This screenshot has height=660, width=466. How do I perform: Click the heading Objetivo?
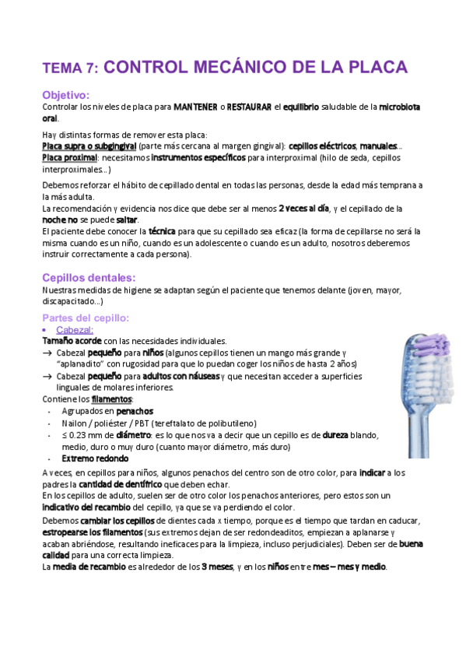pos(67,94)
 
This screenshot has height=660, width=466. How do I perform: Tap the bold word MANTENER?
pos(195,107)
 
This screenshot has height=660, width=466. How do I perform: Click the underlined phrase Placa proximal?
pos(69,157)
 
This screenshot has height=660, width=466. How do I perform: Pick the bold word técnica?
pos(162,231)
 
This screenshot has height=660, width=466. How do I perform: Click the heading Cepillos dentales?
pos(89,278)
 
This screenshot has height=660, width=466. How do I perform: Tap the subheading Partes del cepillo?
pos(86,318)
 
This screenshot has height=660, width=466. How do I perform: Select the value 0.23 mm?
pos(86,436)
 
